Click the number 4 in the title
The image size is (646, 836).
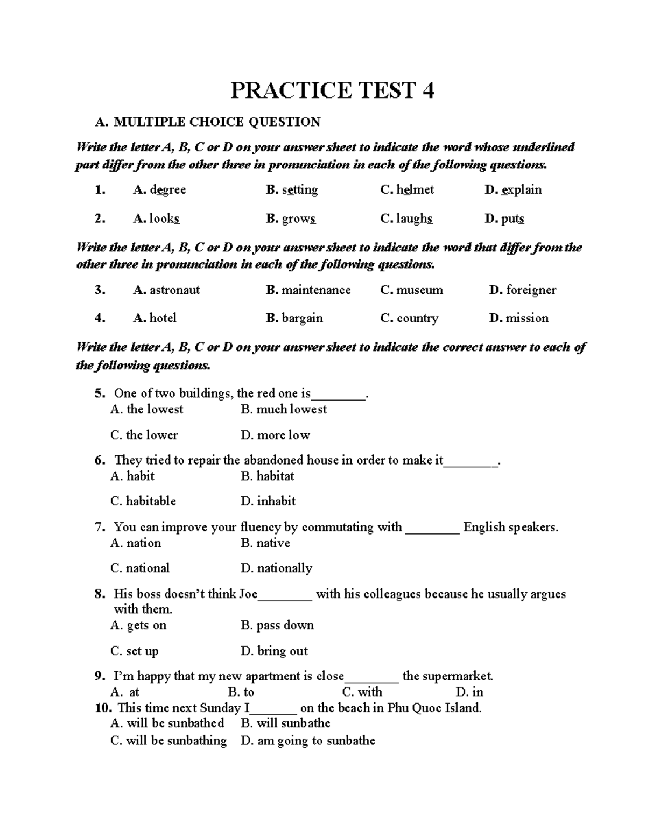tap(428, 90)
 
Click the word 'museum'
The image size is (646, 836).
tap(419, 290)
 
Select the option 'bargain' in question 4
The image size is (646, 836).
tap(302, 318)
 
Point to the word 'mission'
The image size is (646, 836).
tap(527, 318)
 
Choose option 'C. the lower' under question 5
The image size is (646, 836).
tap(144, 435)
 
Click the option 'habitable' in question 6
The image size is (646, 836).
tap(151, 501)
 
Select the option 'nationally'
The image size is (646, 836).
tap(284, 568)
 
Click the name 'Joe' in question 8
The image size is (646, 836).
tap(248, 594)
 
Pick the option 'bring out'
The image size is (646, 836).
tap(282, 651)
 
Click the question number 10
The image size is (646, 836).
tap(102, 708)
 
